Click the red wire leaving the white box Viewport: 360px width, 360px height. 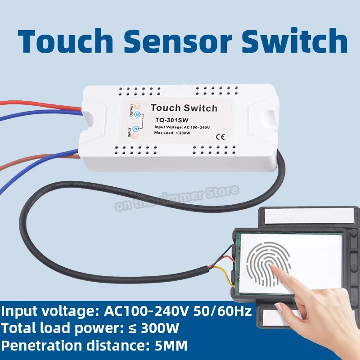[40, 105]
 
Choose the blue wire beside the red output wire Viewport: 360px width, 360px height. [40, 116]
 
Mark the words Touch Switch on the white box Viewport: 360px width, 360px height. [184, 108]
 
